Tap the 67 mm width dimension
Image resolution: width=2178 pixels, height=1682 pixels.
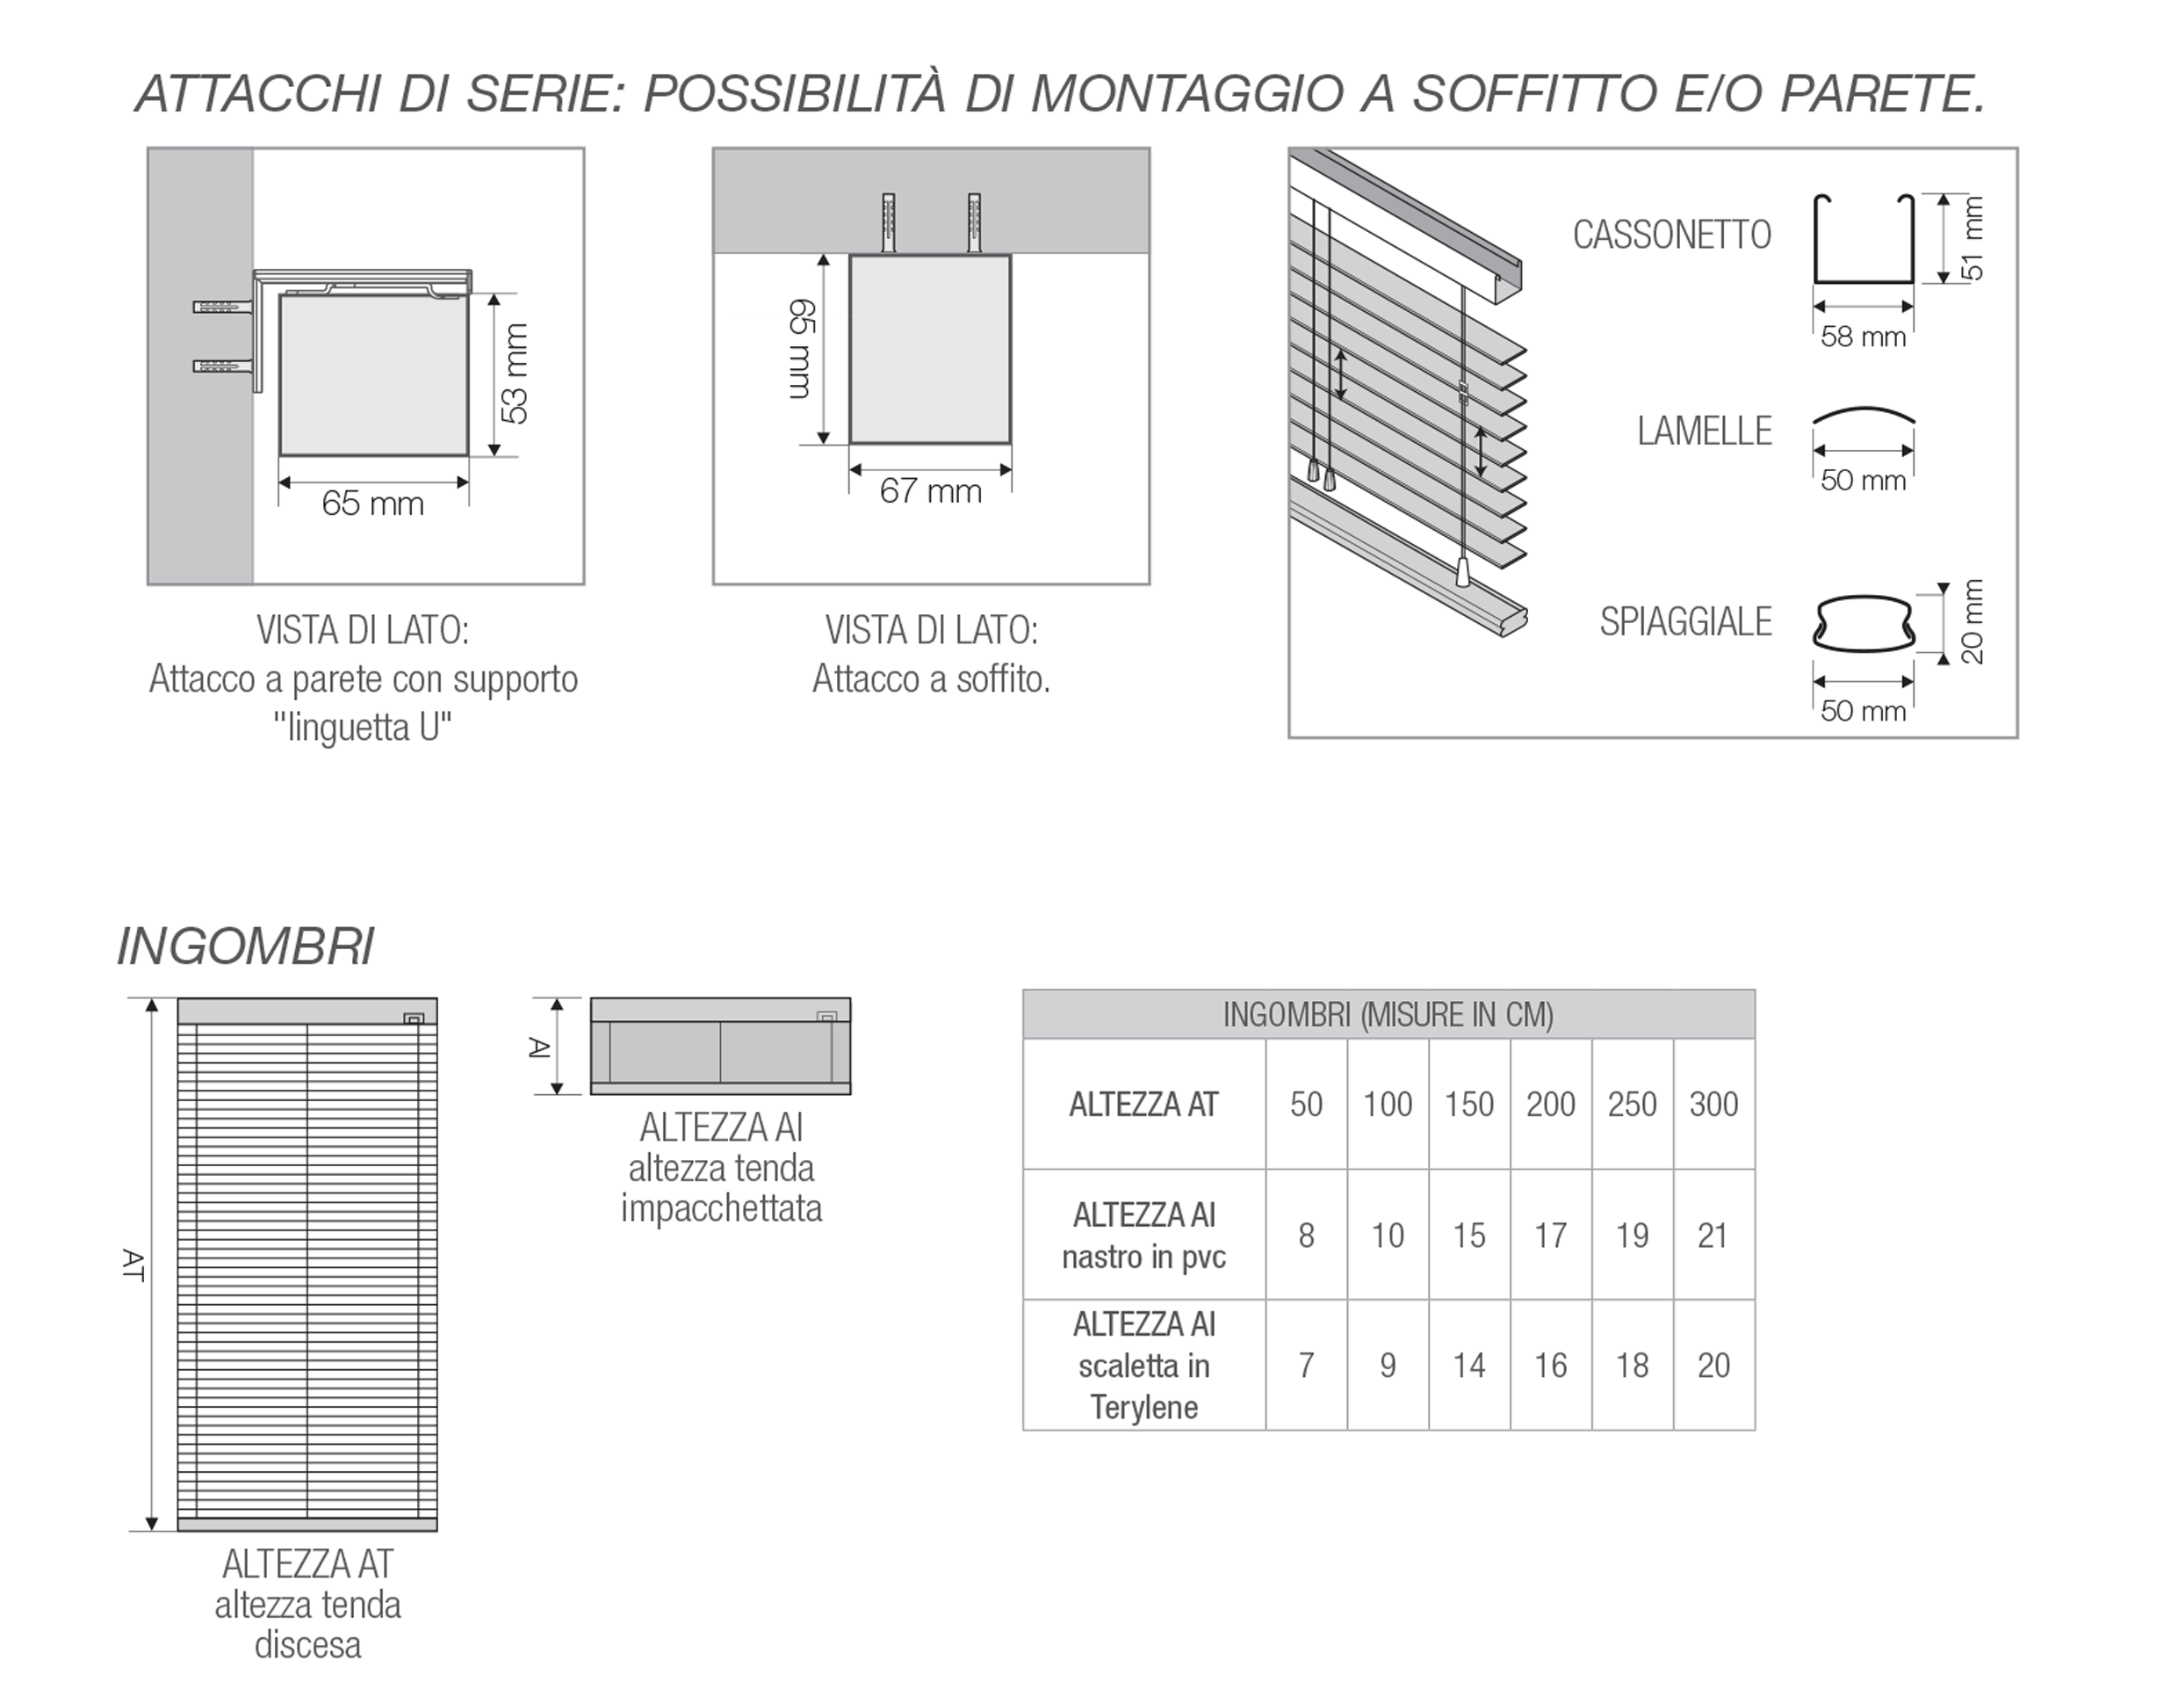coord(929,492)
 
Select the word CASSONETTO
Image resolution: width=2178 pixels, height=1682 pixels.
coord(1671,236)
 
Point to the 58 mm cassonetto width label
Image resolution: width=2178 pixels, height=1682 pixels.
coord(1862,337)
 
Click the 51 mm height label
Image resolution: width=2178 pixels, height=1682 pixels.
coord(1972,239)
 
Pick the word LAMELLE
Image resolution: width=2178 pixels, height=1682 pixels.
coord(1705,431)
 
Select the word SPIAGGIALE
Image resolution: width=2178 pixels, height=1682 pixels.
coord(1685,621)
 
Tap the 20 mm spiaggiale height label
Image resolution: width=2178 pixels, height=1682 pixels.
coord(1972,622)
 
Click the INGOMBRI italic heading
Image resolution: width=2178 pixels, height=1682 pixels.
coord(245,946)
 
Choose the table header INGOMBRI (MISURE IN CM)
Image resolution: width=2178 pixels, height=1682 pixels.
coord(1388,1015)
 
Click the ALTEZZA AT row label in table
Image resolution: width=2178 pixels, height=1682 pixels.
coord(1143,1105)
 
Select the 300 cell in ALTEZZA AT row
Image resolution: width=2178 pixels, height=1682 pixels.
coord(1713,1105)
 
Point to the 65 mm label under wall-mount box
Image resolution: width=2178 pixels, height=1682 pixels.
coord(372,504)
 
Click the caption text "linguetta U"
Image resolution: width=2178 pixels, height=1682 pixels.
coord(363,729)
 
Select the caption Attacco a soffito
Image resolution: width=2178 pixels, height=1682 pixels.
coord(930,679)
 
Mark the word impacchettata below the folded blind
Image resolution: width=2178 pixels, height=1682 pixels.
coord(721,1209)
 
